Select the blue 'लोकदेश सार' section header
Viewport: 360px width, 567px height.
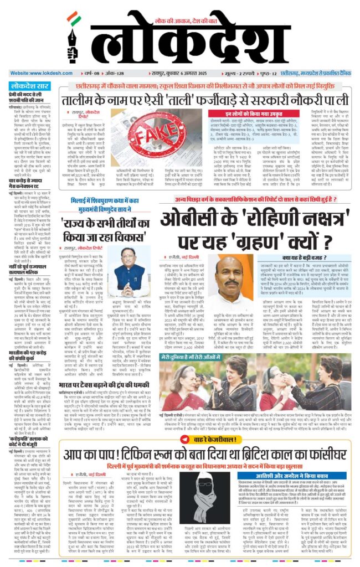(x=27, y=86)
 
